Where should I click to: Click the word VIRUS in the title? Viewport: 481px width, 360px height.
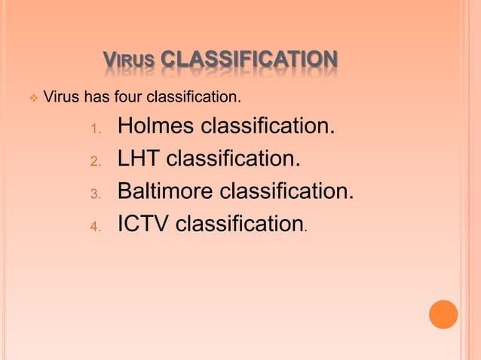pyautogui.click(x=129, y=60)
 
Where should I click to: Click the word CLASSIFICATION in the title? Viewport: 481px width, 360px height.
pyautogui.click(x=249, y=59)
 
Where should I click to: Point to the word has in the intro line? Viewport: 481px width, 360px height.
pyautogui.click(x=95, y=97)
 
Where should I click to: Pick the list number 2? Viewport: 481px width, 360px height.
pyautogui.click(x=95, y=160)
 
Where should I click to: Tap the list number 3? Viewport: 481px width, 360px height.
pyautogui.click(x=95, y=194)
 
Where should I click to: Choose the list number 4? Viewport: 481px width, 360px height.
pyautogui.click(x=95, y=226)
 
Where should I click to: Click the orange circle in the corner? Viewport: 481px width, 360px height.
pyautogui.click(x=443, y=314)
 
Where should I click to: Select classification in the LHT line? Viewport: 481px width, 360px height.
pyautogui.click(x=230, y=159)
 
